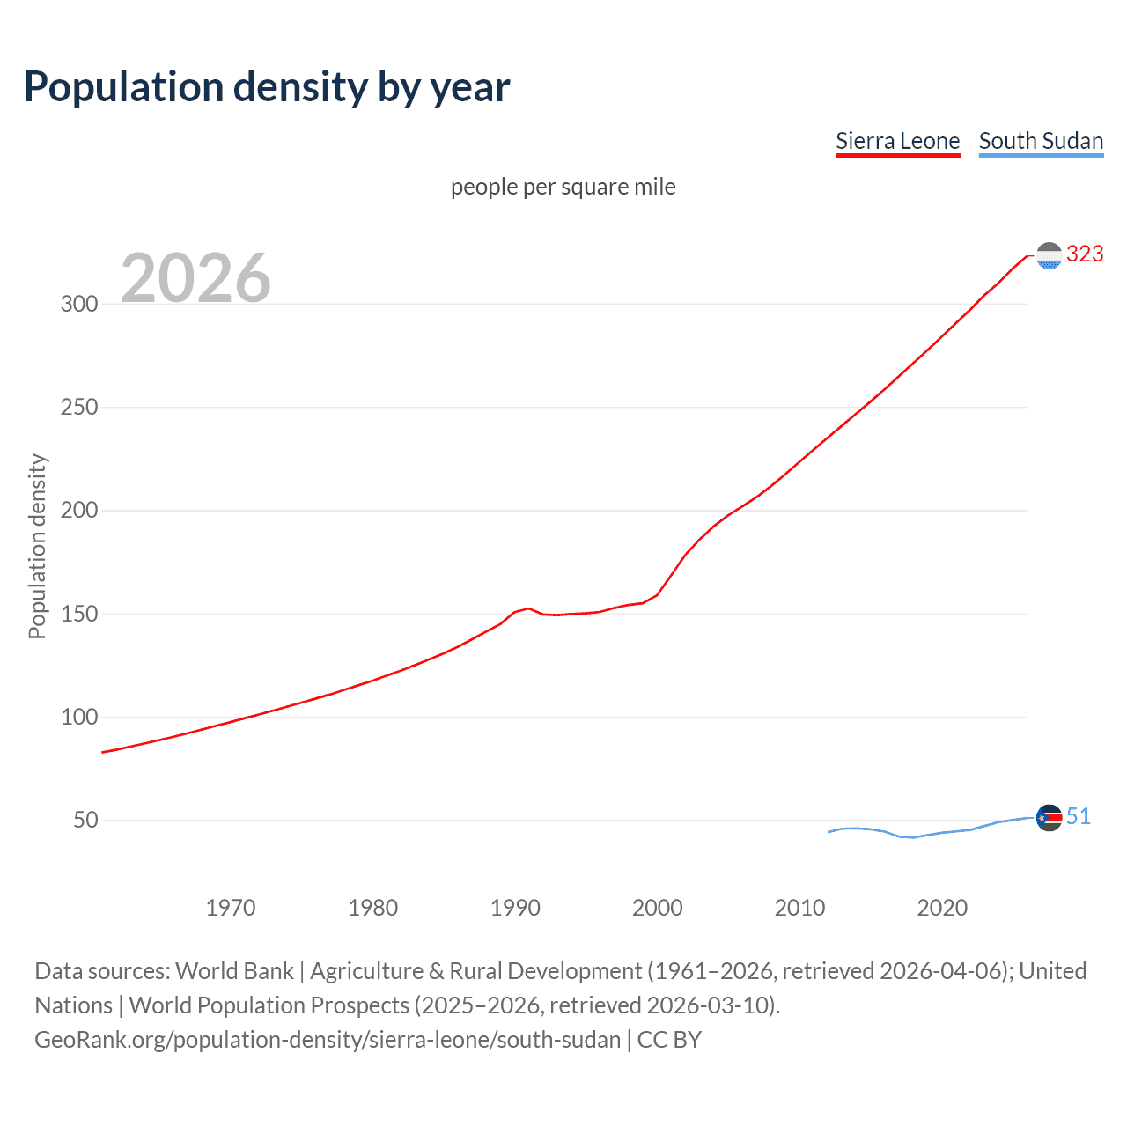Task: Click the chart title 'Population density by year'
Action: coord(267,87)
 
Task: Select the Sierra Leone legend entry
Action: coord(897,141)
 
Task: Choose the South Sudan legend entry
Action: coord(1041,141)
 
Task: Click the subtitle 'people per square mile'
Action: coord(563,187)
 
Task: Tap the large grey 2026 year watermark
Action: coord(195,278)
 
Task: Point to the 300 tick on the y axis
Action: coord(79,304)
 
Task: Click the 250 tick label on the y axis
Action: coord(79,407)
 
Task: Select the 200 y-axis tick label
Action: coord(79,511)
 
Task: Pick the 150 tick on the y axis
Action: coord(79,614)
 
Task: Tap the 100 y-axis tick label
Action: coord(79,717)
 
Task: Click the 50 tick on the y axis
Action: coord(85,821)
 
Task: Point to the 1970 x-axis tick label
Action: coord(231,908)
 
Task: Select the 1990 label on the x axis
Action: coord(515,908)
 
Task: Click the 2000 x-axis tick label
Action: coord(658,908)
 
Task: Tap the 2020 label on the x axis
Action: coord(942,908)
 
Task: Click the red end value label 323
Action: coord(1085,254)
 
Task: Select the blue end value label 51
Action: coord(1079,817)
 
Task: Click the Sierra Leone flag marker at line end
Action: coord(1049,255)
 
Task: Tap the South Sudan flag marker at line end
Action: coord(1049,818)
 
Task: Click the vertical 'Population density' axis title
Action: coord(37,546)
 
